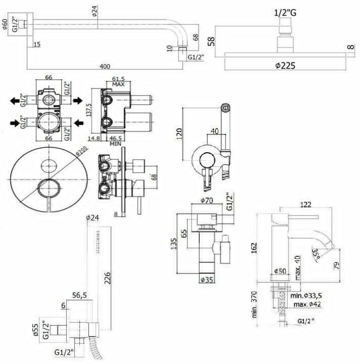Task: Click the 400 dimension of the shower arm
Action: click(105, 66)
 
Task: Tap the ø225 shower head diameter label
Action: click(285, 65)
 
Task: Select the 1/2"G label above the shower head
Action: click(285, 13)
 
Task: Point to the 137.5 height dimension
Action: click(89, 110)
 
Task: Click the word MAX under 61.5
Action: click(118, 84)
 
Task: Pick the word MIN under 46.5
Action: click(115, 144)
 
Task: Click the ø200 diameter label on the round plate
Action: click(81, 151)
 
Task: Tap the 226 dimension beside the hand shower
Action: click(107, 278)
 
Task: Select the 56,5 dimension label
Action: click(79, 295)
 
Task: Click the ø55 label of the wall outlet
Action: click(35, 330)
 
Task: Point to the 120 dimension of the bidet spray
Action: click(179, 133)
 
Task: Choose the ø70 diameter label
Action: click(206, 200)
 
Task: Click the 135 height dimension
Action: click(174, 244)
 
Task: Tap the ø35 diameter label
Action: click(206, 280)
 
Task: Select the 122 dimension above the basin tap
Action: click(305, 204)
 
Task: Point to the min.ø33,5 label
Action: click(306, 296)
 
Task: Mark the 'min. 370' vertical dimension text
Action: click(255, 304)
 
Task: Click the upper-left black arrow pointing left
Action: click(15, 101)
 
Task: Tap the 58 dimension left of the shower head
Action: click(212, 41)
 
